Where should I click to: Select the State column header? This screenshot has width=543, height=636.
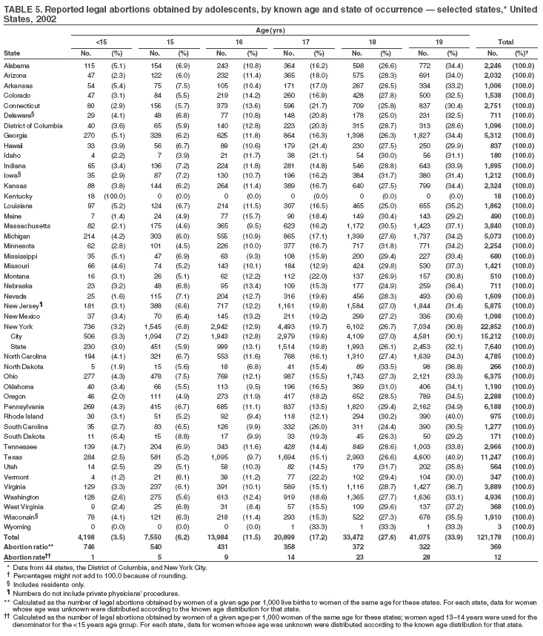[12, 53]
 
